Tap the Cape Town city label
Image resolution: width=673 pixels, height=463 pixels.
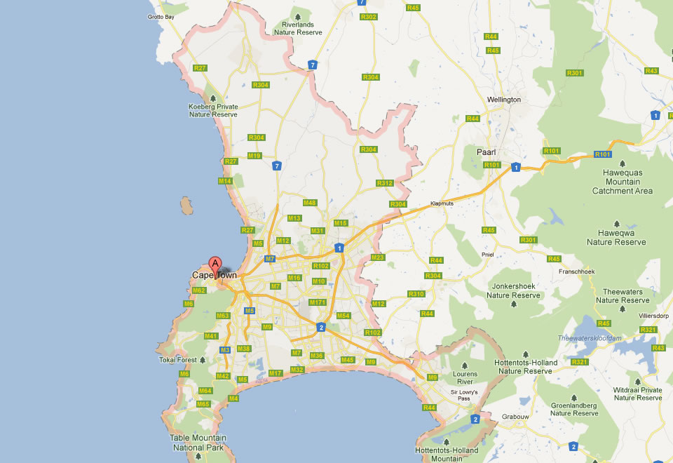[214, 276]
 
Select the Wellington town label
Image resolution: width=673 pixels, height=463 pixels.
[504, 100]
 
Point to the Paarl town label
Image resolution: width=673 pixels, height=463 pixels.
[486, 152]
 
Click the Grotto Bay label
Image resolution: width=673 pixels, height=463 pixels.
[161, 17]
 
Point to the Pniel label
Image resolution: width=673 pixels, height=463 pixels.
[489, 255]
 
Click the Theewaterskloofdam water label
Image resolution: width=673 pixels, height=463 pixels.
[590, 338]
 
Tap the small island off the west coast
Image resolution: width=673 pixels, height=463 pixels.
[186, 206]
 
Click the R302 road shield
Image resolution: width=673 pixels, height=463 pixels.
[370, 17]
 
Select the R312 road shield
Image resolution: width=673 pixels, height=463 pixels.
[384, 183]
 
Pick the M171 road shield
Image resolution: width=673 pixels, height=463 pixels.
[318, 302]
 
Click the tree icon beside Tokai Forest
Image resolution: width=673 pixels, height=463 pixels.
[202, 360]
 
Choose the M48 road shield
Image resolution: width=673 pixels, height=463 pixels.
[310, 203]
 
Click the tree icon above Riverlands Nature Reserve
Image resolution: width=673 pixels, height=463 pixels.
[298, 15]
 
